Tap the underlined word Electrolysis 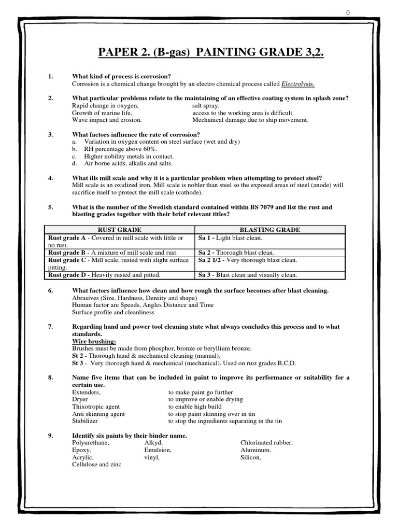click(298, 84)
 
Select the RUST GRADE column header click(120, 230)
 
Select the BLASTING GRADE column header click(270, 230)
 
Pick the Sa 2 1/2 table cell click(248, 260)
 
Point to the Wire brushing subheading click(94, 341)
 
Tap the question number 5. click(51, 207)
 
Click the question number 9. click(51, 436)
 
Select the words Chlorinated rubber click(267, 443)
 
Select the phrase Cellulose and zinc click(96, 465)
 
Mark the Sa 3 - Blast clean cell click(248, 275)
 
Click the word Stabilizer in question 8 click(85, 422)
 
